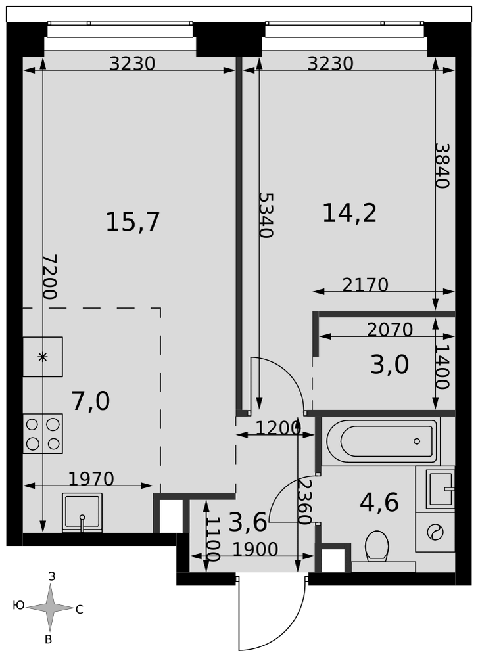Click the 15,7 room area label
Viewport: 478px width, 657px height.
pos(133,221)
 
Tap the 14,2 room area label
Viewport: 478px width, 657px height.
pos(349,213)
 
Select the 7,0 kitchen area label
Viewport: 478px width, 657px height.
pos(91,401)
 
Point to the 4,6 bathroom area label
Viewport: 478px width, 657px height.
pos(379,503)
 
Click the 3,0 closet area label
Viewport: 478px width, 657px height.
pos(389,365)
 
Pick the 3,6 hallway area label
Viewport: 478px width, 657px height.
pos(248,522)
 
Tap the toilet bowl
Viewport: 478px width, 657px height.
pos(377,545)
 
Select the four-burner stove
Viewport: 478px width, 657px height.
pos(43,433)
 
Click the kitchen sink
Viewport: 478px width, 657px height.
pos(82,512)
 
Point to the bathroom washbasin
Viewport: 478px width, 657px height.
pos(441,489)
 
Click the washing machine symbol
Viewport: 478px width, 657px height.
pos(435,532)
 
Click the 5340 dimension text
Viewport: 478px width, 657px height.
pos(266,215)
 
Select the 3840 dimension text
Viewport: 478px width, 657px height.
pos(442,166)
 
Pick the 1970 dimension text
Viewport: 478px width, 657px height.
pos(91,478)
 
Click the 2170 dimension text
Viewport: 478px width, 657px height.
pos(365,285)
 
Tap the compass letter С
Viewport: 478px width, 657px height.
pos(80,610)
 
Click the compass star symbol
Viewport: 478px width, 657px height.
pos(51,607)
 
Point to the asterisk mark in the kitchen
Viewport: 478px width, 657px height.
pos(42,357)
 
